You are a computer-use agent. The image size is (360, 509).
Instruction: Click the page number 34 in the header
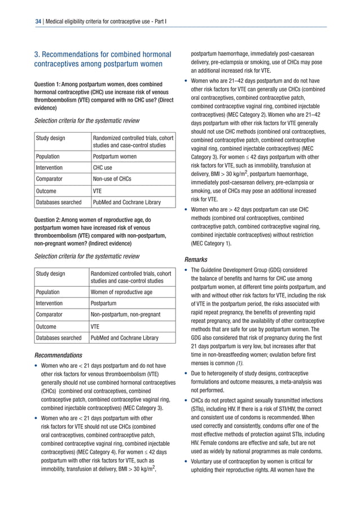point(38,21)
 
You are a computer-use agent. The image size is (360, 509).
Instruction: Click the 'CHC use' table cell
point(103,168)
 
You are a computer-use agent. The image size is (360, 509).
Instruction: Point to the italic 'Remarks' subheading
point(196,260)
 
